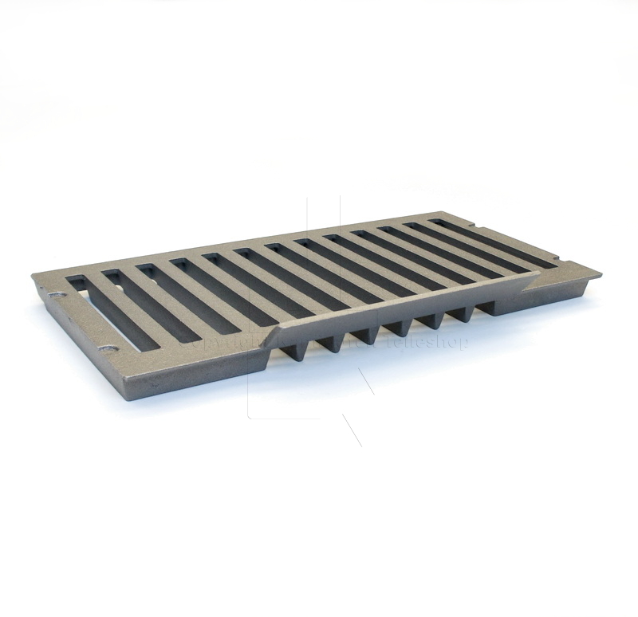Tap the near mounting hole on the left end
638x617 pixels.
(108, 348)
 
